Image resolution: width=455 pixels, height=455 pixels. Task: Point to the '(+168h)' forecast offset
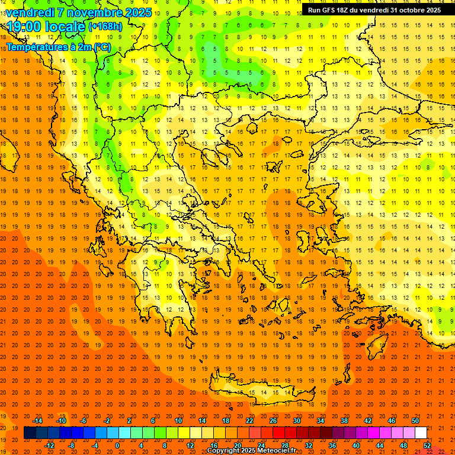pos(105,27)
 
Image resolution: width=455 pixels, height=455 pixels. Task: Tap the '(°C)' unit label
pos(102,47)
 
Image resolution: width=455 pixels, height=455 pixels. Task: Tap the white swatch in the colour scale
pos(421,433)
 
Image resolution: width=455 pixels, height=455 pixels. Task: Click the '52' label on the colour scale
pos(427,446)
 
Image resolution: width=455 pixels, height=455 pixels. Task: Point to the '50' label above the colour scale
pos(415,421)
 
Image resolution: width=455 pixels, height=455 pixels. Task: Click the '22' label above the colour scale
pos(249,421)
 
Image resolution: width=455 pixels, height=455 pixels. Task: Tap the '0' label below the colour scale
pos(117,446)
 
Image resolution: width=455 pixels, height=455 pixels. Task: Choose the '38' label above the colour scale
pos(344,421)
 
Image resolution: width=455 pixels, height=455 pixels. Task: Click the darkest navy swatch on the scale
pos(30,433)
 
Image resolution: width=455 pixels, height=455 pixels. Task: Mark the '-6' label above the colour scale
pos(84,421)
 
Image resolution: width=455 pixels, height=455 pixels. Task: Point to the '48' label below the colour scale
pos(403,446)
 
